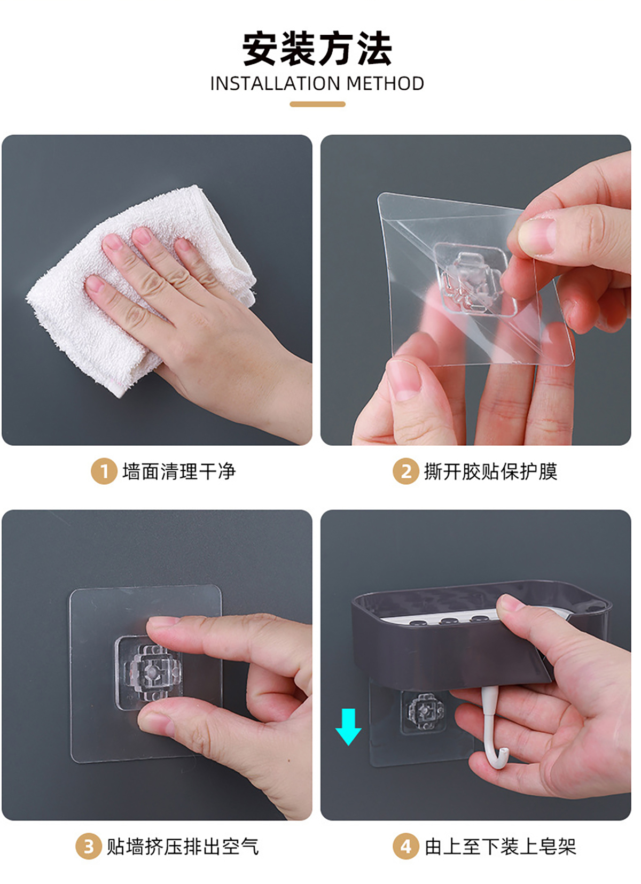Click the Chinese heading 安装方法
point(317,49)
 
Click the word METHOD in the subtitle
point(385,84)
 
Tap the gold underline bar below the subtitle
point(317,104)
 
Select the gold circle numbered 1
point(104,471)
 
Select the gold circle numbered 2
point(405,471)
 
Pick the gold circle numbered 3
point(88,846)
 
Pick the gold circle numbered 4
point(405,846)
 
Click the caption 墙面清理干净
point(179,471)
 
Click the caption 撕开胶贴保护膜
point(491,471)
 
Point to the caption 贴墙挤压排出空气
point(183,846)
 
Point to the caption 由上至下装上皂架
point(500,846)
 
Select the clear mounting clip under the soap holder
point(424,712)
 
